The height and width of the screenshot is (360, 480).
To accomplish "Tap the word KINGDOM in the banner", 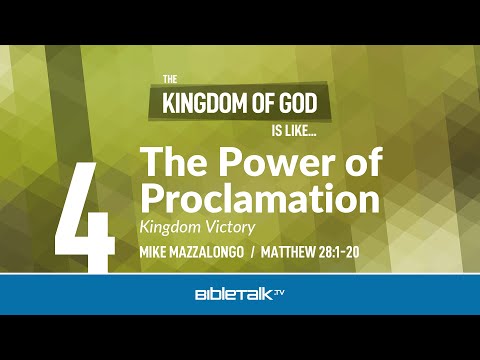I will [x=201, y=101].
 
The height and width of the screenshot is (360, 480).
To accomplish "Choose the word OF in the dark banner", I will [x=258, y=101].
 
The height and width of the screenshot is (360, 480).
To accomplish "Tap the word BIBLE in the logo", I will [x=214, y=296].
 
